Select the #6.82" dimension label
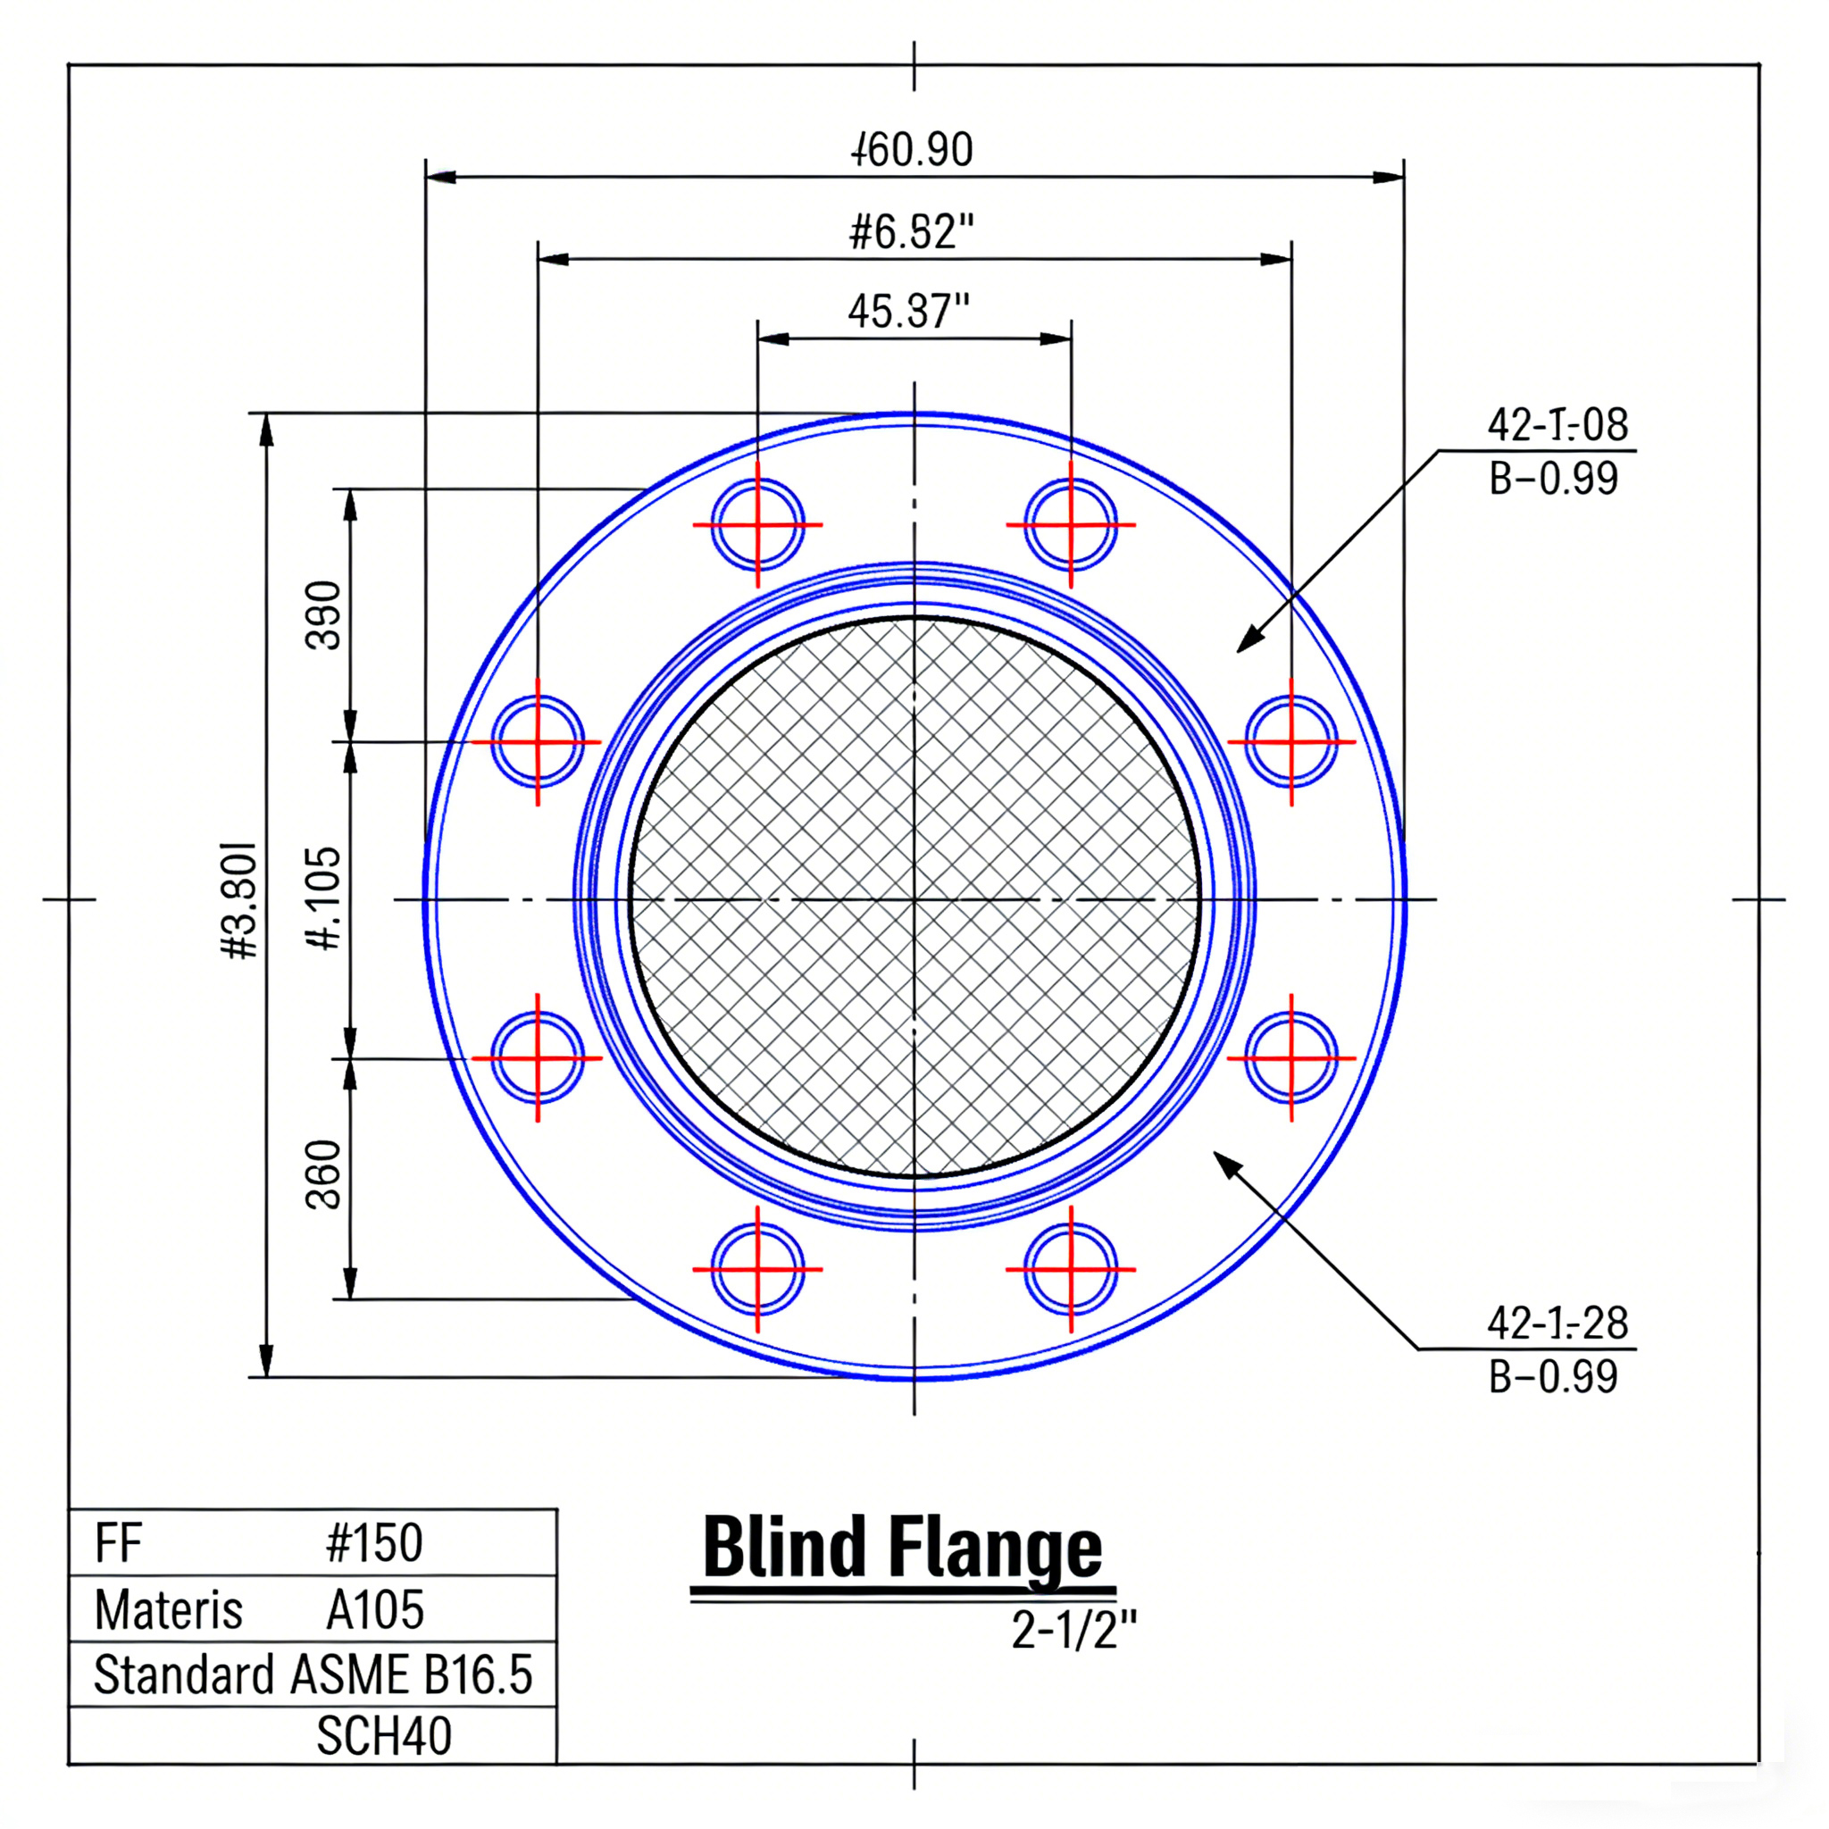coord(911,232)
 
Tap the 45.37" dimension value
coord(909,312)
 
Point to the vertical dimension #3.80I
coord(239,899)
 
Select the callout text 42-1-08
coord(1558,425)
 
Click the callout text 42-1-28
coord(1558,1323)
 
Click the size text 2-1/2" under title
coord(1073,1629)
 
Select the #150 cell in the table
coord(374,1543)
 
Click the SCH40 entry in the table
coord(383,1735)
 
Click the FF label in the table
coord(119,1543)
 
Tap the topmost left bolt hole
coord(757,524)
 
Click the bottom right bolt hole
coord(1071,1268)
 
